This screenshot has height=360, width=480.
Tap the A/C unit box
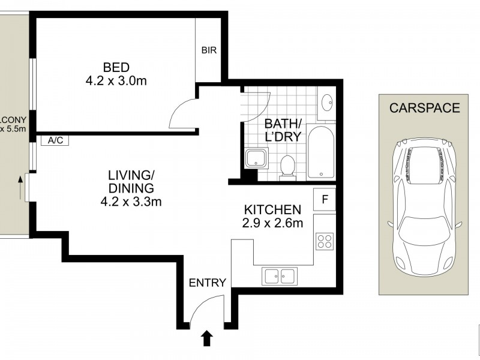[x=55, y=140]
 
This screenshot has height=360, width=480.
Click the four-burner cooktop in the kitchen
[x=325, y=241]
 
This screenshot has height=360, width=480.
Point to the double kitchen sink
[x=279, y=277]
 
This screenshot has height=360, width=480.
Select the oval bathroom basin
[x=327, y=104]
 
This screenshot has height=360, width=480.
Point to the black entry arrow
[x=206, y=339]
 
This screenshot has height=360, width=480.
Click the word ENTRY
[x=207, y=283]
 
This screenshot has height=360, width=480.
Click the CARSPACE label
[x=424, y=109]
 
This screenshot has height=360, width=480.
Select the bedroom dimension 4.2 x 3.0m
[x=116, y=80]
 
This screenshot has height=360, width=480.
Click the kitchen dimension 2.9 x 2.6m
[x=272, y=223]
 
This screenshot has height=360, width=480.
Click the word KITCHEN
[x=272, y=210]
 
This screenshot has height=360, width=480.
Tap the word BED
[x=116, y=67]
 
